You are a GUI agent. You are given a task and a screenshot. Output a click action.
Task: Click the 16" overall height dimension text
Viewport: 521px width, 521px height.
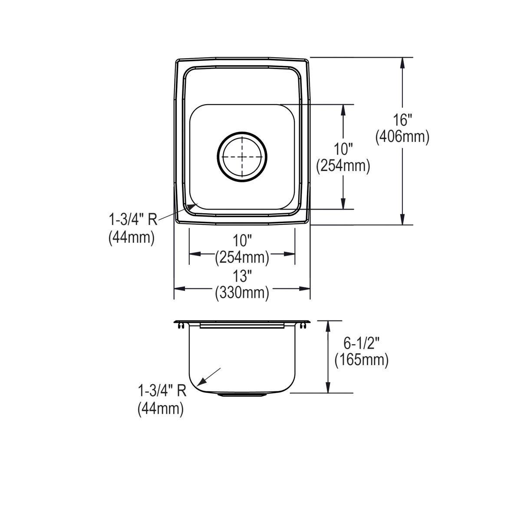click(x=402, y=120)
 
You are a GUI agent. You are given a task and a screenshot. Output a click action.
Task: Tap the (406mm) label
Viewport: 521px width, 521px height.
click(x=402, y=137)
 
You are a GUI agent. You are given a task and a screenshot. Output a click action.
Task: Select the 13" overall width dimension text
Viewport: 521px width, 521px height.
click(x=242, y=276)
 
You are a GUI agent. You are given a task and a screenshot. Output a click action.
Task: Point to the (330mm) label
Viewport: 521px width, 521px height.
click(x=242, y=293)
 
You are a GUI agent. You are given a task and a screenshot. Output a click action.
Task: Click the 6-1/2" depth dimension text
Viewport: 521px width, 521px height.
click(x=362, y=343)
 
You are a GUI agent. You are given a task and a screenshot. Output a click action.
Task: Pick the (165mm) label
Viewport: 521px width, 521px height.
click(x=362, y=360)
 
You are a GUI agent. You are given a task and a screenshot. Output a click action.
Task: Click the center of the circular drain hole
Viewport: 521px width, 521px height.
click(x=242, y=156)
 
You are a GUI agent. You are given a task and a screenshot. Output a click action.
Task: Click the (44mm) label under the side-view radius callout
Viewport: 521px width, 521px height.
click(x=161, y=409)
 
